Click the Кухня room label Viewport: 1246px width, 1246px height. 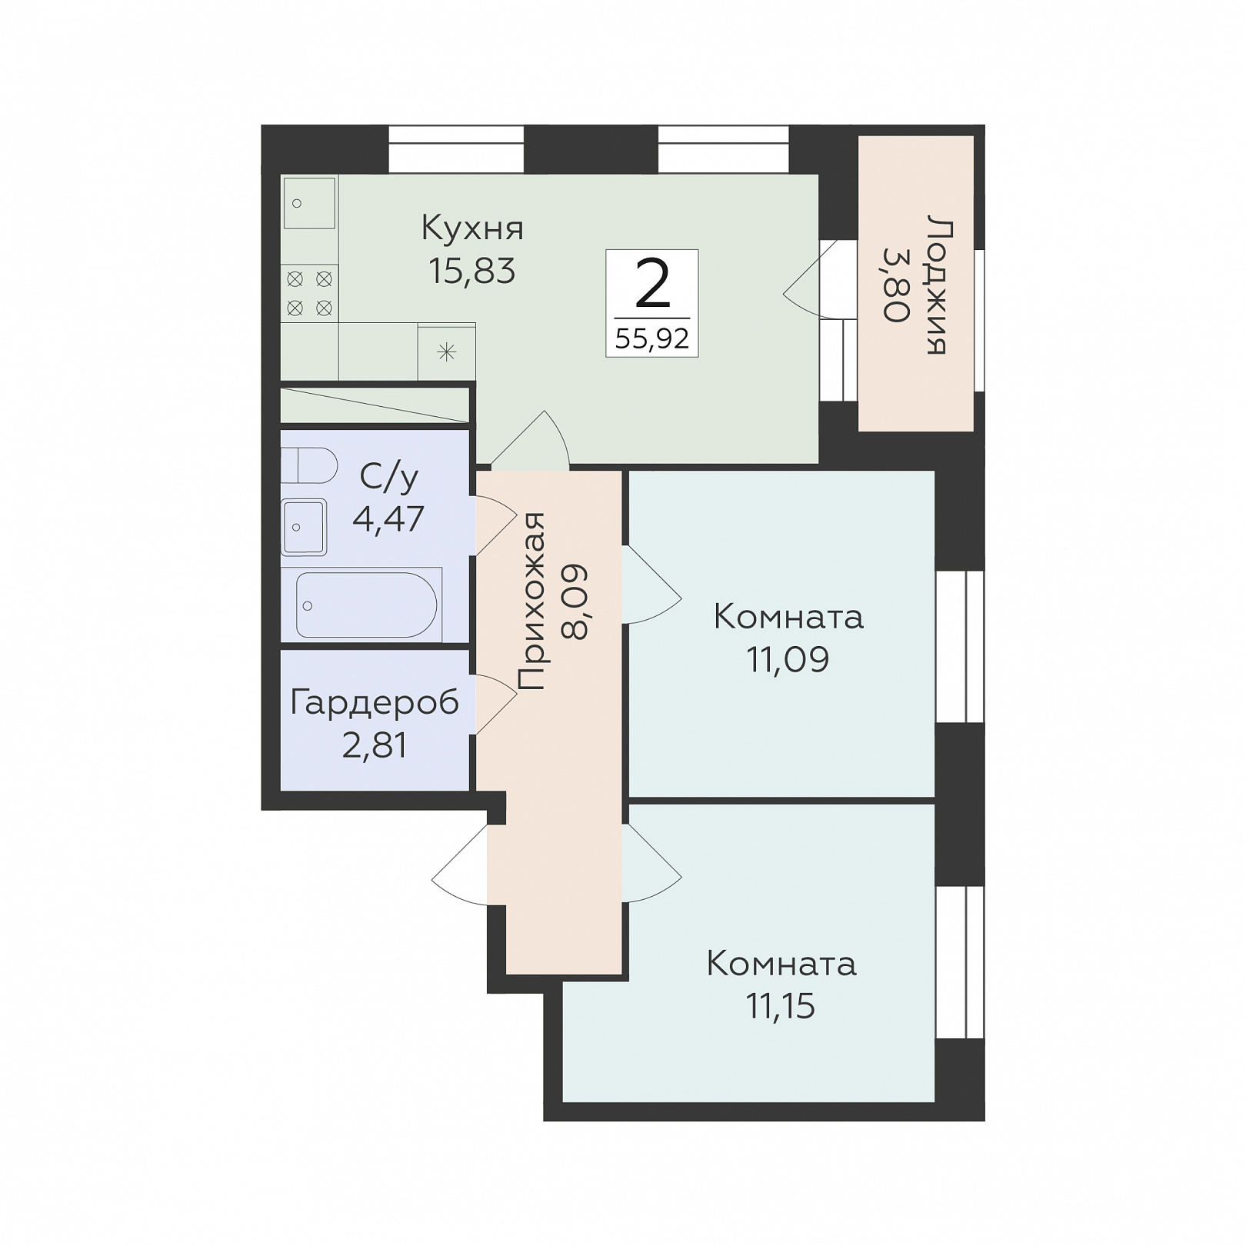tap(472, 228)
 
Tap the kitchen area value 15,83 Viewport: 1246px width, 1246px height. tap(471, 271)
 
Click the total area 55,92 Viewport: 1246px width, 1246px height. tap(652, 338)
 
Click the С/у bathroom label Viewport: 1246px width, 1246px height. tap(388, 478)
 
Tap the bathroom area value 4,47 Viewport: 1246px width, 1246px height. tap(388, 519)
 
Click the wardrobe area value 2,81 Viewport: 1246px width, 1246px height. tap(375, 745)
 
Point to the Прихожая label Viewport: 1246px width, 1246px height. tap(531, 601)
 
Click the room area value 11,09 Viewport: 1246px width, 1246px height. tap(788, 659)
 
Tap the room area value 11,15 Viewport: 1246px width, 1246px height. tap(781, 1005)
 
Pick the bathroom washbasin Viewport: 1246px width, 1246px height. tap(304, 527)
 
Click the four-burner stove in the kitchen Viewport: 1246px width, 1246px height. tap(309, 293)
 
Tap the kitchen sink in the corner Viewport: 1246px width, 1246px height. tap(309, 203)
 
